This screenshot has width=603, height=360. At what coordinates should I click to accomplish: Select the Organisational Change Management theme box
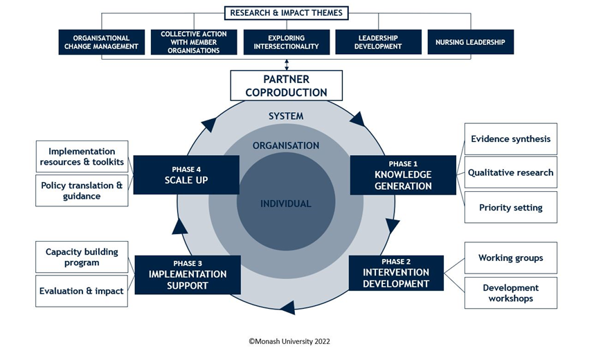101,42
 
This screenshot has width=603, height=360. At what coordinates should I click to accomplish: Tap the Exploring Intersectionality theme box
286,42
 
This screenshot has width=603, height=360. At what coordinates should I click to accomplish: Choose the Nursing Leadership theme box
470,42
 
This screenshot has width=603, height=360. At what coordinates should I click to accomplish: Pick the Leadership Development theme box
378,42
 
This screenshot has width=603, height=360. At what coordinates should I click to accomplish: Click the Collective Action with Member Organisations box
194,42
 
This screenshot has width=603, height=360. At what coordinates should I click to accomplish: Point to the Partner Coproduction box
286,86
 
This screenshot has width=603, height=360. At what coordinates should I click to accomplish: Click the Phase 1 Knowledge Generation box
403,175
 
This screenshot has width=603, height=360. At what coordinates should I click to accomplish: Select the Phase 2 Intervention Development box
396,273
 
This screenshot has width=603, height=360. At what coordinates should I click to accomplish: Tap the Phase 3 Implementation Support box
188,274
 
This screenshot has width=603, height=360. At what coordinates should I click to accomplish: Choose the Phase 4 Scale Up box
186,174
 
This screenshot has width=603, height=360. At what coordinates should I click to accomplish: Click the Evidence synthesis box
510,138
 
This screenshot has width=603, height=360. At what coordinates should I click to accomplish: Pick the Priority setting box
510,207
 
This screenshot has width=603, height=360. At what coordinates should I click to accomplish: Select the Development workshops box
510,293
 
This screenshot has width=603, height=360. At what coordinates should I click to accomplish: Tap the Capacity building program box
82,257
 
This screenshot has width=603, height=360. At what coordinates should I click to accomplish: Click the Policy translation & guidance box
82,190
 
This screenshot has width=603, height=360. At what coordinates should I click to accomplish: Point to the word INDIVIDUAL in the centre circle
286,204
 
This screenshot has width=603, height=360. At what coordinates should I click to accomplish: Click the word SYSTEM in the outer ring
286,116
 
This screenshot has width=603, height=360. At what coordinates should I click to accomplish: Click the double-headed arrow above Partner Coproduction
286,64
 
